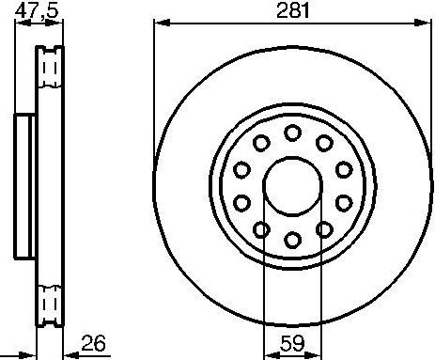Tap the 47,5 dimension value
35,10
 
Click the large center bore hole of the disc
292,186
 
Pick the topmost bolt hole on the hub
292,132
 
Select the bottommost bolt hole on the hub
292,241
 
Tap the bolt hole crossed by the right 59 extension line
324,229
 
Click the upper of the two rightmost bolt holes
344,169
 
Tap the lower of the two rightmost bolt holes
344,203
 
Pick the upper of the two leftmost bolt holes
241,169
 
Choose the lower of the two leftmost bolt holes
241,203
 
